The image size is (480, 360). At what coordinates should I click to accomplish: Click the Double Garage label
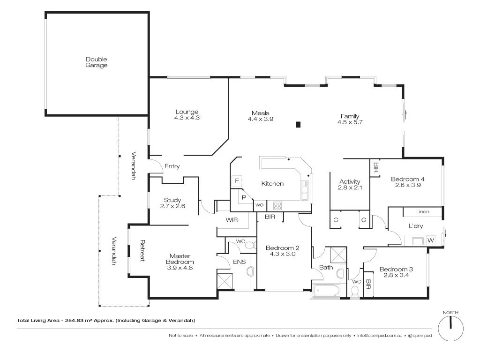(x=97, y=62)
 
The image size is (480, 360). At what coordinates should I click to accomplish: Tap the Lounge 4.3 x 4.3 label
(x=187, y=115)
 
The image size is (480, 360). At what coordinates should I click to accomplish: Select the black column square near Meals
(x=298, y=124)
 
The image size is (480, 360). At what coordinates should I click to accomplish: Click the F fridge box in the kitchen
(x=237, y=181)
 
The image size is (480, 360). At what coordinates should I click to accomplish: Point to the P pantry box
(x=244, y=198)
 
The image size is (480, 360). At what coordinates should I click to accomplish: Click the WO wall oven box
(x=259, y=205)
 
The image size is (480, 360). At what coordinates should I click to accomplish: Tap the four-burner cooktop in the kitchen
(x=277, y=205)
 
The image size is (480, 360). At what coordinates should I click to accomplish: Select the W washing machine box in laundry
(x=431, y=240)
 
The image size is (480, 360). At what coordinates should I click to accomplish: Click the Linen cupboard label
(x=422, y=212)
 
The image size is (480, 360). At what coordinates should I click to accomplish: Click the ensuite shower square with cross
(x=225, y=280)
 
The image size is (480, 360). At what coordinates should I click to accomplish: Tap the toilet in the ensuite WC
(x=249, y=245)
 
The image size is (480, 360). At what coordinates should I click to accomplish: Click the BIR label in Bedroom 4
(x=375, y=166)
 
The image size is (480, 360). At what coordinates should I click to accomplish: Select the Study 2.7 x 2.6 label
(x=172, y=203)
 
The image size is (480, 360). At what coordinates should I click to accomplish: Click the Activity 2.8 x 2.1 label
(x=350, y=185)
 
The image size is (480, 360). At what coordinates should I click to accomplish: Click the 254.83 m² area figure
(x=77, y=321)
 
